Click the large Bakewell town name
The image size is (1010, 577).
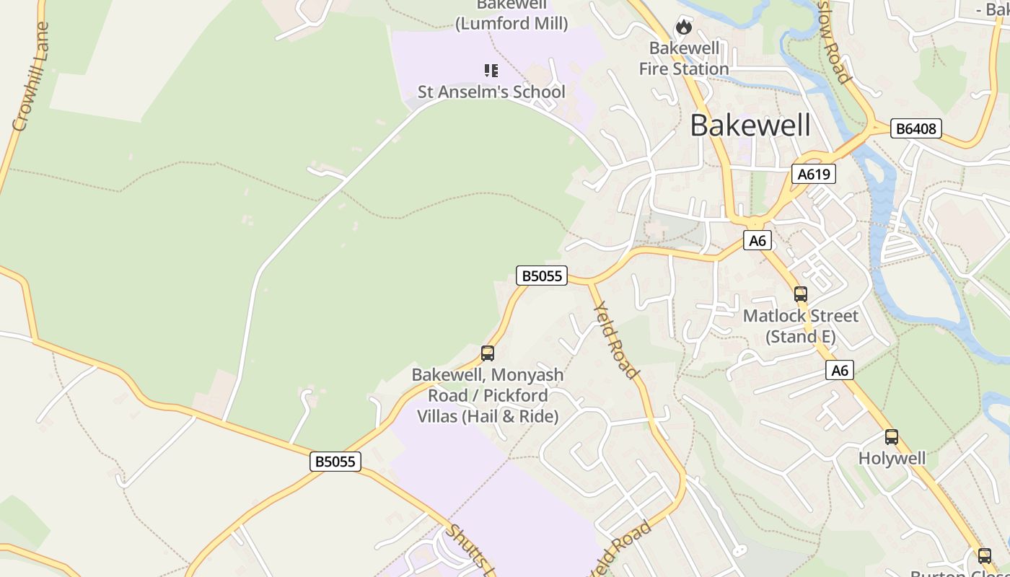click(750, 125)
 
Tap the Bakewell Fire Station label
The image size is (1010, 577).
click(684, 58)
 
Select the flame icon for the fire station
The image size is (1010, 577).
click(683, 28)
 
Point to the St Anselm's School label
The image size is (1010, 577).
click(491, 92)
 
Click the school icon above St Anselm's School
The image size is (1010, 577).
click(491, 70)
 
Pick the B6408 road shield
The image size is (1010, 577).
click(915, 129)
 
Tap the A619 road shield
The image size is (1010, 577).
click(813, 174)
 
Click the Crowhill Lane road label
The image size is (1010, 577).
click(30, 76)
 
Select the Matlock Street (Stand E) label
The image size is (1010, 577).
click(800, 326)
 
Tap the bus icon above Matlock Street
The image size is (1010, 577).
click(800, 294)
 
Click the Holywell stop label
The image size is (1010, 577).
click(892, 459)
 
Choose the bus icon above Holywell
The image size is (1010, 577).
click(892, 437)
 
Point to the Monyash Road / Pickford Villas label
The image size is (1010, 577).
click(488, 395)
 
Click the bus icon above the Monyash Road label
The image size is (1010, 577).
click(488, 353)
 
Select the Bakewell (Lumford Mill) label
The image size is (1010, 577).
click(511, 15)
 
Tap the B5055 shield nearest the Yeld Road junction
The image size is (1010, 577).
click(542, 276)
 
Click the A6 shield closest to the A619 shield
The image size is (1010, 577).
click(757, 240)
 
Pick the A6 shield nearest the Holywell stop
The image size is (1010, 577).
click(839, 370)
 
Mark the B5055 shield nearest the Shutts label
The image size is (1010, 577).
click(335, 461)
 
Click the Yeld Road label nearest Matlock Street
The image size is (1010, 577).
click(615, 340)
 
